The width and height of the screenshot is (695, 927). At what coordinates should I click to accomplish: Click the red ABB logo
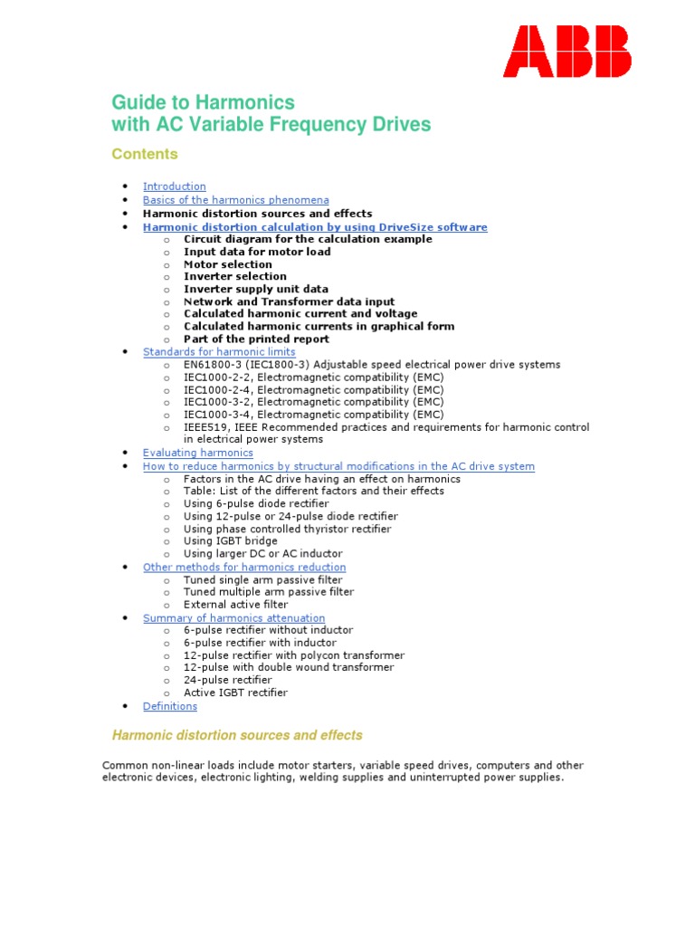pos(567,51)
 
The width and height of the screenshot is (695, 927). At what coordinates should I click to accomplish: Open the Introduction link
pos(175,186)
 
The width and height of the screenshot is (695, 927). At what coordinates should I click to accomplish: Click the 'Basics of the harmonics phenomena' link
pos(235,200)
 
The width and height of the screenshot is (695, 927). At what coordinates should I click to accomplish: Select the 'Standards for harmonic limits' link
pos(219,351)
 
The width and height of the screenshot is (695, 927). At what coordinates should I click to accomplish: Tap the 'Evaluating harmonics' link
pos(197,453)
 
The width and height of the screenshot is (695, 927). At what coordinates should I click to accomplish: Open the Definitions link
pos(169,706)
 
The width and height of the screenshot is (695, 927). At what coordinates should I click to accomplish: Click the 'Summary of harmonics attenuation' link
pos(233,618)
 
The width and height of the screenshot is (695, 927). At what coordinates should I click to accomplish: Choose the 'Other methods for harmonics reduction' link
pos(244,568)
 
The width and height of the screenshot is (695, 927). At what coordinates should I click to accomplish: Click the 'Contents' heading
pos(145,154)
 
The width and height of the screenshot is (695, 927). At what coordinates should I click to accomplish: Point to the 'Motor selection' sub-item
pos(228,264)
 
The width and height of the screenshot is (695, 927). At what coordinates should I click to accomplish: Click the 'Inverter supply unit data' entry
pos(256,290)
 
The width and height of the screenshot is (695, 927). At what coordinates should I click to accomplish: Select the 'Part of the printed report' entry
pos(256,339)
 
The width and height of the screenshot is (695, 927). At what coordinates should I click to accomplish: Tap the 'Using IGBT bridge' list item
pos(231,541)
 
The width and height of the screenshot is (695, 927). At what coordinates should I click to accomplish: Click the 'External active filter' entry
pos(235,605)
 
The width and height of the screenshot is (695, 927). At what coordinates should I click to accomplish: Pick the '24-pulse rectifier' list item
pos(227,680)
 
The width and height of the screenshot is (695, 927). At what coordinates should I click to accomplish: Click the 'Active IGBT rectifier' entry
pos(235,693)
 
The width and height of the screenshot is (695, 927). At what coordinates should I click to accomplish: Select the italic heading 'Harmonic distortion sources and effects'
pos(236,735)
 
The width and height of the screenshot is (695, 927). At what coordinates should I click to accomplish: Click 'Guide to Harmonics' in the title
pos(203,102)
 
